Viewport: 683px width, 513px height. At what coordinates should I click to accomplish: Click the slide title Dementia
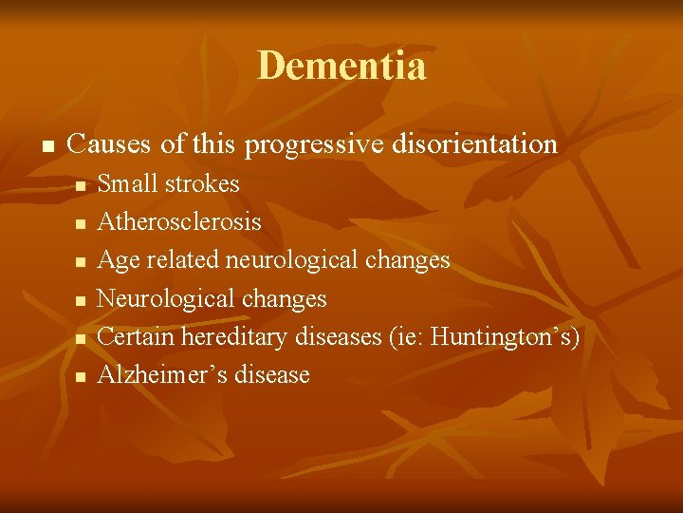pyautogui.click(x=341, y=66)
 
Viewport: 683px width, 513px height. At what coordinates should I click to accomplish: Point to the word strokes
pyautogui.click(x=202, y=183)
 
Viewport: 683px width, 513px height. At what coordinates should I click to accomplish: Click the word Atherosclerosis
pyautogui.click(x=179, y=221)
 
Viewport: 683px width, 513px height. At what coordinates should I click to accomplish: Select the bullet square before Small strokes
pyautogui.click(x=81, y=185)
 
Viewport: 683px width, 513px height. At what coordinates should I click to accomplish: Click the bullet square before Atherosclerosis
pyautogui.click(x=81, y=223)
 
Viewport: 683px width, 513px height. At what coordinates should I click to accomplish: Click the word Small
pyautogui.click(x=129, y=183)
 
